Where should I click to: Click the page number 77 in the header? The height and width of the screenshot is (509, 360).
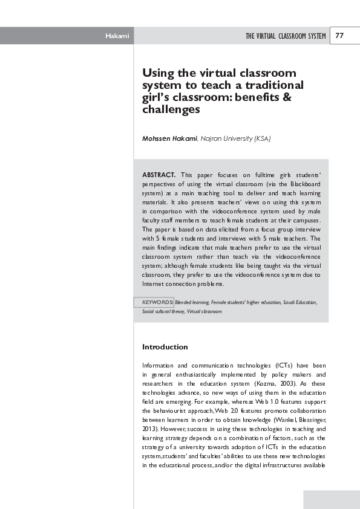[x=339, y=36]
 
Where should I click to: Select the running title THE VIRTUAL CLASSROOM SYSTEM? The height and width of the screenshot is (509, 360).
[x=286, y=36]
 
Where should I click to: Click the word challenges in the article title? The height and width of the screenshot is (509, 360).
[x=171, y=110]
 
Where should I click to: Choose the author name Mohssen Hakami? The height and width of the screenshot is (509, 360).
[x=169, y=138]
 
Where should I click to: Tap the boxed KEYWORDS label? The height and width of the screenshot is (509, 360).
[x=157, y=301]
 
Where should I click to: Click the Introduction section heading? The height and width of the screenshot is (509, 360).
[x=165, y=347]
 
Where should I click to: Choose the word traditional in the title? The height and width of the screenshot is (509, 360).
[x=272, y=85]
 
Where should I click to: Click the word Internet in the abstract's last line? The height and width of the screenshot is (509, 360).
[x=156, y=284]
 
